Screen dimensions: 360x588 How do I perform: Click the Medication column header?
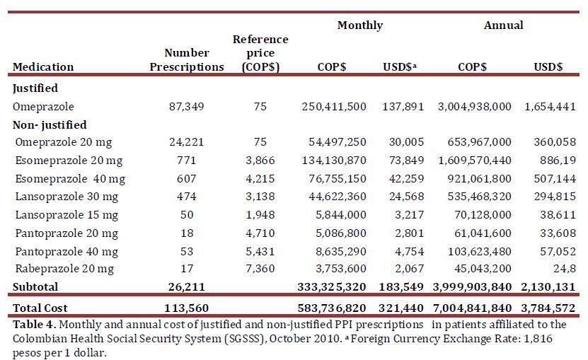(x=43, y=66)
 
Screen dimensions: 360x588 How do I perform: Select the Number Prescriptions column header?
(x=186, y=59)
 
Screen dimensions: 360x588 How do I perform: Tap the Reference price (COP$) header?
(x=260, y=53)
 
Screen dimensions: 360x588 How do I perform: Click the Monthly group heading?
(x=359, y=25)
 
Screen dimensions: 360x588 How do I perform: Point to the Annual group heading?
(x=503, y=25)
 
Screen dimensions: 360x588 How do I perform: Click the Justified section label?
(x=35, y=88)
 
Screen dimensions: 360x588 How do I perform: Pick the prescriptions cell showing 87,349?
(x=186, y=106)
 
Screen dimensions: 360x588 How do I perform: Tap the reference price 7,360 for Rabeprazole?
(x=260, y=269)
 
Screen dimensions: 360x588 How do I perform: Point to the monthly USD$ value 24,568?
(x=406, y=197)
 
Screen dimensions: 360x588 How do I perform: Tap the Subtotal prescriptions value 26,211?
(x=186, y=287)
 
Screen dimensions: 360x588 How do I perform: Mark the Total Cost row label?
(x=42, y=308)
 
